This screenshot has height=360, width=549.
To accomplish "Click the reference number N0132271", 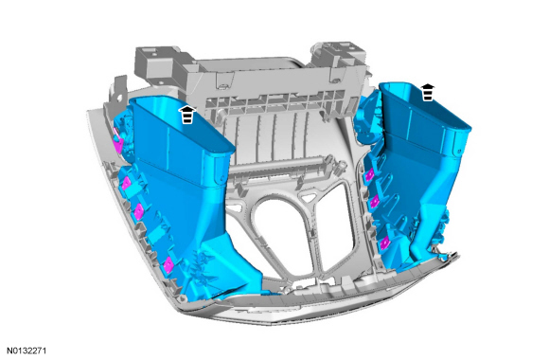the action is click(x=27, y=351).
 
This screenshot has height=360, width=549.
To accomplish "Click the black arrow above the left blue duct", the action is click(x=187, y=115).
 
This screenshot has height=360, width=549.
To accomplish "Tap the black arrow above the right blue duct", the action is click(x=427, y=92).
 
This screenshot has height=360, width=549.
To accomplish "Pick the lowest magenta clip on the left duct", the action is click(x=168, y=264).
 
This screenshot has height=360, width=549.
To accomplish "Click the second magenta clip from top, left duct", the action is click(x=127, y=182).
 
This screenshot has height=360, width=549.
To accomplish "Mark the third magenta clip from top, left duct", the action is click(x=139, y=211).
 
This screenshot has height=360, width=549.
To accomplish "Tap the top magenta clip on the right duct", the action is click(x=368, y=175).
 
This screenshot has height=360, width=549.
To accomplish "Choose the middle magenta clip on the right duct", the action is click(x=375, y=201).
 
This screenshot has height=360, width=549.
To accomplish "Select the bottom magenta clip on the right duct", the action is click(x=384, y=242).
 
